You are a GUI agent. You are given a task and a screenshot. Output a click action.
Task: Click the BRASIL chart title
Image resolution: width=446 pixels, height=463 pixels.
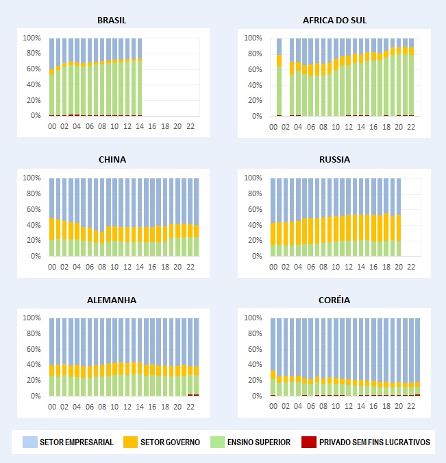pos(112,21)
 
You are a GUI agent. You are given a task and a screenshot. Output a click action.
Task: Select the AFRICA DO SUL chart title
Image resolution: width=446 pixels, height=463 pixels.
pos(334,21)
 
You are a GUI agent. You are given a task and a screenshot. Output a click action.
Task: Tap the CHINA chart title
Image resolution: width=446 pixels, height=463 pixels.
pos(112,160)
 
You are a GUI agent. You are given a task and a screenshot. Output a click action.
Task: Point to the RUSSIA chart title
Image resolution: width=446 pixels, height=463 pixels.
pos(334,160)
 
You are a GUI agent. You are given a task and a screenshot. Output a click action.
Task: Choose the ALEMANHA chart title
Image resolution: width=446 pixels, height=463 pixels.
pos(112,300)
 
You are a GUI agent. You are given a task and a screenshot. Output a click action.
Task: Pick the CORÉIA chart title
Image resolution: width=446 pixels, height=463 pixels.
pos(334,300)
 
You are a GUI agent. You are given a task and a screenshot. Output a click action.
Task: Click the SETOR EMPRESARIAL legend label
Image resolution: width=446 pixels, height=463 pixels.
pos(77,442)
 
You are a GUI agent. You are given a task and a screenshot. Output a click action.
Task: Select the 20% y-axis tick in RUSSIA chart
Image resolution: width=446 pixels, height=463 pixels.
pos(255,241)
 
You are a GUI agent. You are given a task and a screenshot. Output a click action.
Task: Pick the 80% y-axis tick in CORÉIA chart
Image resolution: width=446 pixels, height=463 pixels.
pos(255,334)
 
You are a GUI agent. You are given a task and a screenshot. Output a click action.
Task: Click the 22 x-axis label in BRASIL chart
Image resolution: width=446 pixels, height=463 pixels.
pos(190,127)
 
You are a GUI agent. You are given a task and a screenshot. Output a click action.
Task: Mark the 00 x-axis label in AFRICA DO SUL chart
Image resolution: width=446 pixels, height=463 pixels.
pos(273,127)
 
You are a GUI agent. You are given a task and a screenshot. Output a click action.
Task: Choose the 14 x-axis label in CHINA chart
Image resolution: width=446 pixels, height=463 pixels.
pos(140,267)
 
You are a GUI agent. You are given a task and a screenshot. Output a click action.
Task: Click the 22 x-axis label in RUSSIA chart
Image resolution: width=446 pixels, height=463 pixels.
pos(411,267)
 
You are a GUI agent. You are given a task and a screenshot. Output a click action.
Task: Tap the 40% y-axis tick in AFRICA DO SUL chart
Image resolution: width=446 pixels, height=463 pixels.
pos(255,85)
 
